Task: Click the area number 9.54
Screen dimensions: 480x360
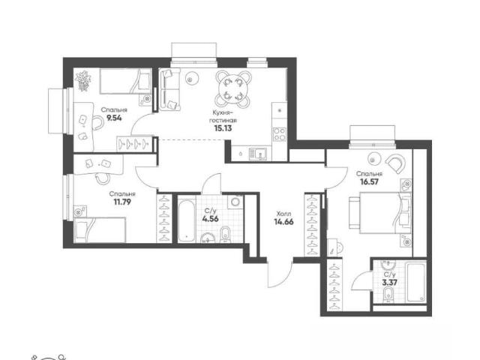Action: tap(114, 118)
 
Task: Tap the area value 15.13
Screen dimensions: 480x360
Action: tap(223, 128)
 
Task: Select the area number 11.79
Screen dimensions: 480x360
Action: tap(122, 202)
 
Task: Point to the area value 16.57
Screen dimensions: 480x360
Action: tap(370, 181)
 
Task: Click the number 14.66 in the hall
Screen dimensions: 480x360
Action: tap(283, 222)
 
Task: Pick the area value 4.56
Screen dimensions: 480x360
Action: tap(210, 218)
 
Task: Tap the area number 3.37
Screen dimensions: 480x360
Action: tap(390, 283)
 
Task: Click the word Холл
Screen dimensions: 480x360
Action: tap(283, 214)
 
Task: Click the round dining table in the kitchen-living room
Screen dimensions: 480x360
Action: tap(233, 88)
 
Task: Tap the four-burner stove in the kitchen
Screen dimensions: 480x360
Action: tap(280, 134)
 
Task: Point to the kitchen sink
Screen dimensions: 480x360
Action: tap(257, 154)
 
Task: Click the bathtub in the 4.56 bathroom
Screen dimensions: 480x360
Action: tap(187, 220)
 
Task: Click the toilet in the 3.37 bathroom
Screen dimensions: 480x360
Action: tap(388, 295)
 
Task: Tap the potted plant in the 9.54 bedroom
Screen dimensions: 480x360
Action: tap(83, 80)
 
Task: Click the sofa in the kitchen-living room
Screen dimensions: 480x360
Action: tap(169, 89)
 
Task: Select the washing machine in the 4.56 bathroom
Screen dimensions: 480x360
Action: tap(235, 202)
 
